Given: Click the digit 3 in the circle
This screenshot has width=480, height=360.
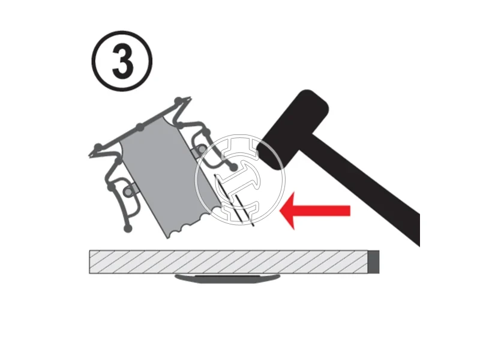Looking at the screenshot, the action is [123, 61].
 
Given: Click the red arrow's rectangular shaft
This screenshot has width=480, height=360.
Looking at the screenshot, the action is [322, 211].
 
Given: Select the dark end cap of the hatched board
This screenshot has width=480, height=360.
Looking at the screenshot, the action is [373, 262].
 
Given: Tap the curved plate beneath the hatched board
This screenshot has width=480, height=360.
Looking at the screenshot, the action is [227, 278].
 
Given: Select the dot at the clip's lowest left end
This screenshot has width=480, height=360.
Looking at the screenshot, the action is [128, 228].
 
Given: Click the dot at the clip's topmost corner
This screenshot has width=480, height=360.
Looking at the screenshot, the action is [178, 100].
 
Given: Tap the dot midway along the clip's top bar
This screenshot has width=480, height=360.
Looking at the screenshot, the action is [140, 127].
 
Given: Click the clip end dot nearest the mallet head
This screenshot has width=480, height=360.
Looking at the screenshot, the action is [233, 167].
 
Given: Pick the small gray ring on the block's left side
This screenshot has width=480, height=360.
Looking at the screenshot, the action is [128, 191].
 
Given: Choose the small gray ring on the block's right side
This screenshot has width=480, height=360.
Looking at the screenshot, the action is [202, 149].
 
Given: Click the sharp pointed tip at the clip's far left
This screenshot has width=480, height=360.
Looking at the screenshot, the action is [89, 157].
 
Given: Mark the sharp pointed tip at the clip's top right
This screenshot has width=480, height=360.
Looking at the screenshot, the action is [190, 98].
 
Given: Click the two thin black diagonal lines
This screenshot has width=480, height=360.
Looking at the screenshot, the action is [234, 200].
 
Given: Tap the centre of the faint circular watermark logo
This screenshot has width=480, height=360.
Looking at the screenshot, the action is [240, 179].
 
